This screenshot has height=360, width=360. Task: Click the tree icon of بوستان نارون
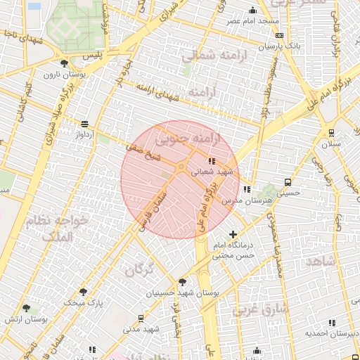65,63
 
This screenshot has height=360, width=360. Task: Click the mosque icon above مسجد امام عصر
253,11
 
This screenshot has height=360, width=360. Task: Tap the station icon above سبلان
331,132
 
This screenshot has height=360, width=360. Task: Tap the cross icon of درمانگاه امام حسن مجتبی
233,234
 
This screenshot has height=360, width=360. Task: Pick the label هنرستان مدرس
237,200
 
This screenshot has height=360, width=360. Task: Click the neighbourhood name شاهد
323,260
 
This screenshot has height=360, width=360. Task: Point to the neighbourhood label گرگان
139,269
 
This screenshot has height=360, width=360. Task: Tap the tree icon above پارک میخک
84,292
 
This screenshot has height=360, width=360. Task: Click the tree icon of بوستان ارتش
27,308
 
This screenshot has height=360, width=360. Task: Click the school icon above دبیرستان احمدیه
332,323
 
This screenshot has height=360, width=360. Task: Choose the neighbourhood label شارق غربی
261,309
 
